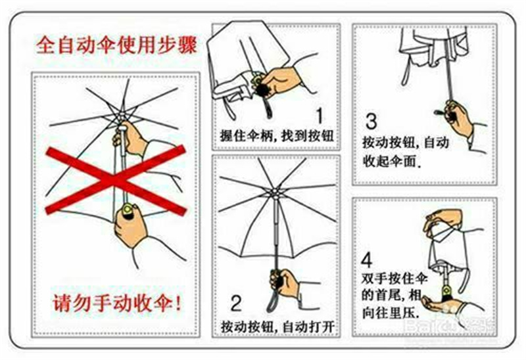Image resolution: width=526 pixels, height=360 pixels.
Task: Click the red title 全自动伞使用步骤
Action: (116, 45)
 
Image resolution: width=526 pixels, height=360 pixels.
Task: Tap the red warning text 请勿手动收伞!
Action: (118, 304)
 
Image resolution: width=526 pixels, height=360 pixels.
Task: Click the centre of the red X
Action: (116, 180)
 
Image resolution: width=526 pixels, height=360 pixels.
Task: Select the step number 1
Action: (320, 116)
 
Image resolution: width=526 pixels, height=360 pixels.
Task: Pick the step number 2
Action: (236, 303)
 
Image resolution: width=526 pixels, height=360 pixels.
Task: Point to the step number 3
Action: (371, 122)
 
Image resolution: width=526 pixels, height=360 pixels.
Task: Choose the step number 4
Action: (367, 259)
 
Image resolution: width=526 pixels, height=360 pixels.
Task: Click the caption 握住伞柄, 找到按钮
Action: (277, 136)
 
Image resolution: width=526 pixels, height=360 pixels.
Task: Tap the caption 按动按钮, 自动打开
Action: (277, 326)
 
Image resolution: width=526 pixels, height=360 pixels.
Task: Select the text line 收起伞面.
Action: (391, 162)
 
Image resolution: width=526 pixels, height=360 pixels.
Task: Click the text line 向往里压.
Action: (391, 313)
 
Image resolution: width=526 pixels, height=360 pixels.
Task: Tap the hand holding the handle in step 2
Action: (285, 282)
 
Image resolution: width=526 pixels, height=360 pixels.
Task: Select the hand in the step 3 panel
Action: (459, 118)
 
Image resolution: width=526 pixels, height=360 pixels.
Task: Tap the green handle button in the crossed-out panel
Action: (129, 210)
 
